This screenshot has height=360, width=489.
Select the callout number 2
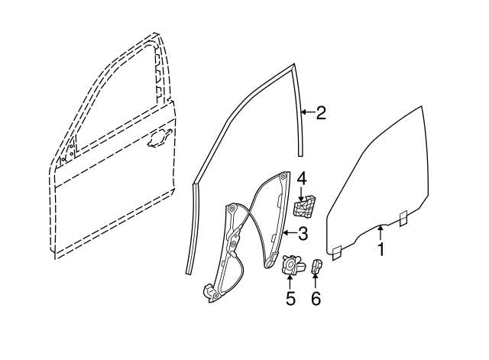click(321, 114)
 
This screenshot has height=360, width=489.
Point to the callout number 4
click(303, 178)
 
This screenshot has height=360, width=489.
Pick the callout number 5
click(290, 298)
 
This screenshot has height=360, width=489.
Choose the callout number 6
click(316, 298)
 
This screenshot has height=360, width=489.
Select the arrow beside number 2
click(307, 114)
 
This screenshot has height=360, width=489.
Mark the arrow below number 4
click(303, 193)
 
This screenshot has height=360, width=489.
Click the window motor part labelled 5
click(290, 264)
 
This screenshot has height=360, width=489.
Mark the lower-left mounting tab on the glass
click(335, 249)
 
